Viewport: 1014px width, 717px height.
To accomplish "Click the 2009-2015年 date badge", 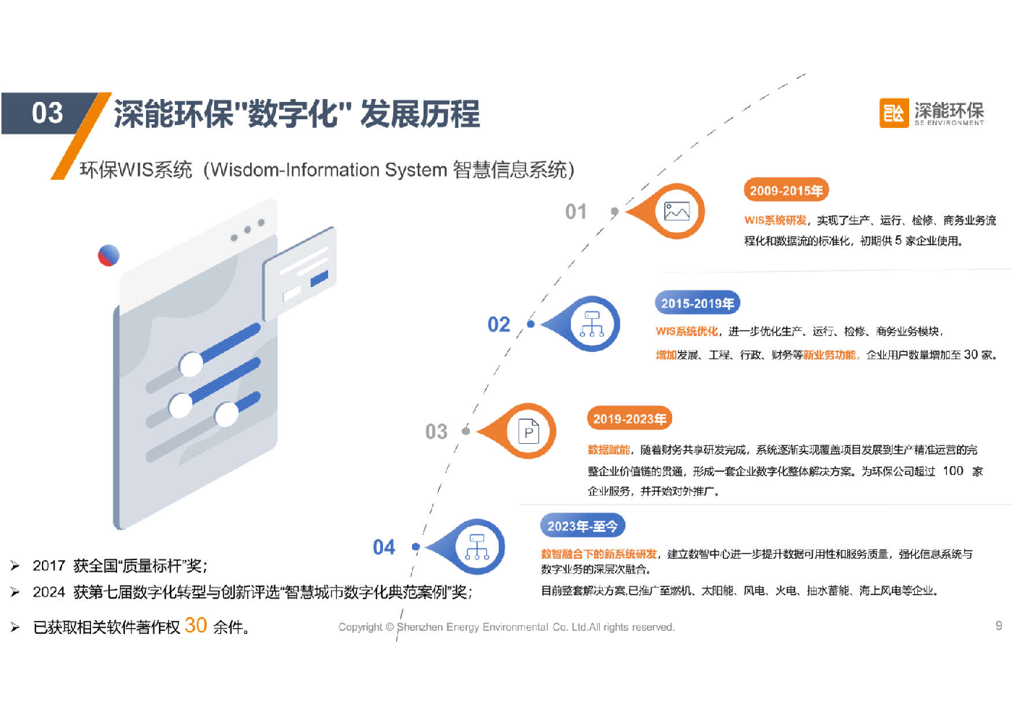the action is tap(786, 190).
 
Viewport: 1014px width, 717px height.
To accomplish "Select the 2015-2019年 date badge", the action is tap(697, 303).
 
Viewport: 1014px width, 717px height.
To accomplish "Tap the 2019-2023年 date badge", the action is tap(630, 418).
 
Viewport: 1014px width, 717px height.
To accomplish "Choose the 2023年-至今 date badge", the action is tap(582, 526).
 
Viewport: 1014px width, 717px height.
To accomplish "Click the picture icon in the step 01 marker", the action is tap(676, 211).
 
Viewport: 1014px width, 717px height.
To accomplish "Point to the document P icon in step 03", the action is tap(528, 432).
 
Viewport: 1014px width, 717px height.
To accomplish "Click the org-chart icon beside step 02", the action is tap(592, 324).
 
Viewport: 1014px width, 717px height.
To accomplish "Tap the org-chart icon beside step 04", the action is tap(477, 546).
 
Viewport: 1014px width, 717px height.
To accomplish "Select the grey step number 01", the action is tap(576, 211).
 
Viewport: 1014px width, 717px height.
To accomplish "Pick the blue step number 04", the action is tap(384, 547).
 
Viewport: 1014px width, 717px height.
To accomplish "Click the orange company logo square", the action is tap(893, 113).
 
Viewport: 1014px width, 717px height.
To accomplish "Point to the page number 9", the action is tap(998, 625).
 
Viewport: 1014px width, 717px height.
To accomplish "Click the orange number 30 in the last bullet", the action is tap(196, 625).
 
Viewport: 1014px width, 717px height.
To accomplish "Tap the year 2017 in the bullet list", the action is tap(49, 566).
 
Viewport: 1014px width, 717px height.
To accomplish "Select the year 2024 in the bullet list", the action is tap(49, 592).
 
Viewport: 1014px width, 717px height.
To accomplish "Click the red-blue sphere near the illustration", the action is tap(108, 255).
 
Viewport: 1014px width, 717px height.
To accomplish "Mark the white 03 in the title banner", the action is tap(47, 113).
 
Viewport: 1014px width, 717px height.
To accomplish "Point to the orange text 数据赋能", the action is tap(609, 450).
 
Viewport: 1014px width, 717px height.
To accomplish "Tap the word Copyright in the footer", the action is tap(361, 627).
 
